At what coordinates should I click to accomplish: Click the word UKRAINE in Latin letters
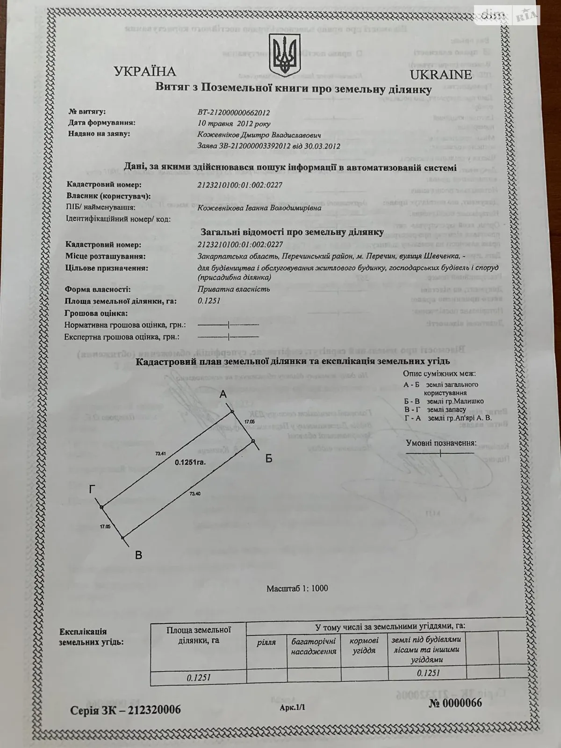[x=440, y=75]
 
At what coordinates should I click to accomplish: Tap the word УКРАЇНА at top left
[x=145, y=72]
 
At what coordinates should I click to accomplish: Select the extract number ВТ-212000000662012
[x=234, y=113]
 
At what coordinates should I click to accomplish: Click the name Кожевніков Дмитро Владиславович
[x=259, y=135]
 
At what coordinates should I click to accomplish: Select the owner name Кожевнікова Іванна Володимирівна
[x=259, y=208]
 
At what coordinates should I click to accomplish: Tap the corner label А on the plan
[x=223, y=395]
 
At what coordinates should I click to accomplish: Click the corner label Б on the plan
[x=268, y=459]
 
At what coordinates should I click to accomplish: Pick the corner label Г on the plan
[x=93, y=489]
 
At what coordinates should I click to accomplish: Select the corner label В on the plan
[x=138, y=555]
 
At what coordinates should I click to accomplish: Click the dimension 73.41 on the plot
[x=161, y=453]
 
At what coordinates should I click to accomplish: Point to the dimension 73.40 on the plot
[x=195, y=494]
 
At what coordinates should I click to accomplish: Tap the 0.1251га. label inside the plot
[x=190, y=462]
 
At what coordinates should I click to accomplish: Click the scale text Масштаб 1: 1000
[x=297, y=588]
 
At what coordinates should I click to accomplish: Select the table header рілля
[x=266, y=642]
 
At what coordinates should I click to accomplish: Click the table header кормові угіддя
[x=364, y=645]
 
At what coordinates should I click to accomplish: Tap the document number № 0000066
[x=455, y=703]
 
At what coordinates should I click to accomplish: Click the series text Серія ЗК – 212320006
[x=125, y=710]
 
